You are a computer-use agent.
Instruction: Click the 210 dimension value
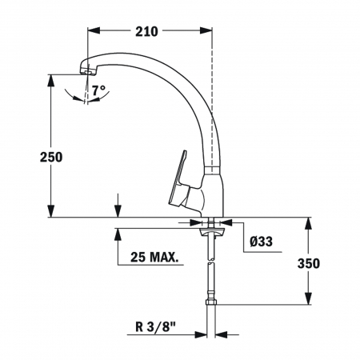pos(146,32)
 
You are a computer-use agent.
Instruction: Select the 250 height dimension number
pos(51,157)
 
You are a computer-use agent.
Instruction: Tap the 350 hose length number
pos(309,263)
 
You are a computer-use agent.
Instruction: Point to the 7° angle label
pos(98,90)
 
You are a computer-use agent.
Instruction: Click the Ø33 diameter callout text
pos(262,242)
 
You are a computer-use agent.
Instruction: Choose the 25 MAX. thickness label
pos(154,257)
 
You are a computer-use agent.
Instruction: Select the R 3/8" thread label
pos(156,326)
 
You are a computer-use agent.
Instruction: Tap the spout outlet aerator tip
pos(87,72)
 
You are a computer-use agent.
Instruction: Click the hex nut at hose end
pos(211,302)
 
